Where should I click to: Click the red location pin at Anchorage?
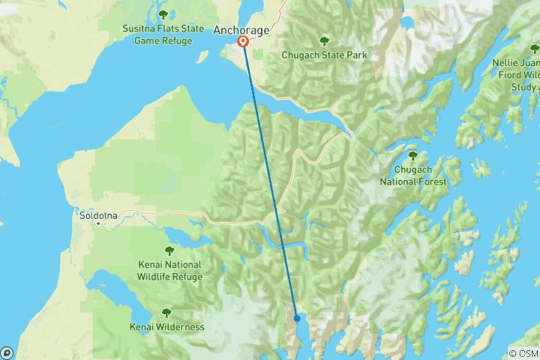pos(244,42)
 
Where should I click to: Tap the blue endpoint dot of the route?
pos(297,318)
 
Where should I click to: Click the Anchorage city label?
pos(241,30)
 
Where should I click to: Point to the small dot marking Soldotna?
pos(97,223)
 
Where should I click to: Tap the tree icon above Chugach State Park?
pos(324,41)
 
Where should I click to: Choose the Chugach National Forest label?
pos(412,175)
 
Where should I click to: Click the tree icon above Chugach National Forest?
pos(412,155)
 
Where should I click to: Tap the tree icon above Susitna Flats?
pos(163,14)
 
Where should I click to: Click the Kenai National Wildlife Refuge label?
pos(169,271)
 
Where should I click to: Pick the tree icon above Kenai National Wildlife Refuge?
pos(169,250)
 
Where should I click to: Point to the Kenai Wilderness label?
pos(166,327)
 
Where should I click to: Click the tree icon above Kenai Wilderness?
pos(166,313)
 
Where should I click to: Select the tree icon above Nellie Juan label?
pos(533,49)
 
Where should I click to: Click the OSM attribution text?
pos(523,353)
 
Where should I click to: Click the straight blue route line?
pos(270,180)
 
